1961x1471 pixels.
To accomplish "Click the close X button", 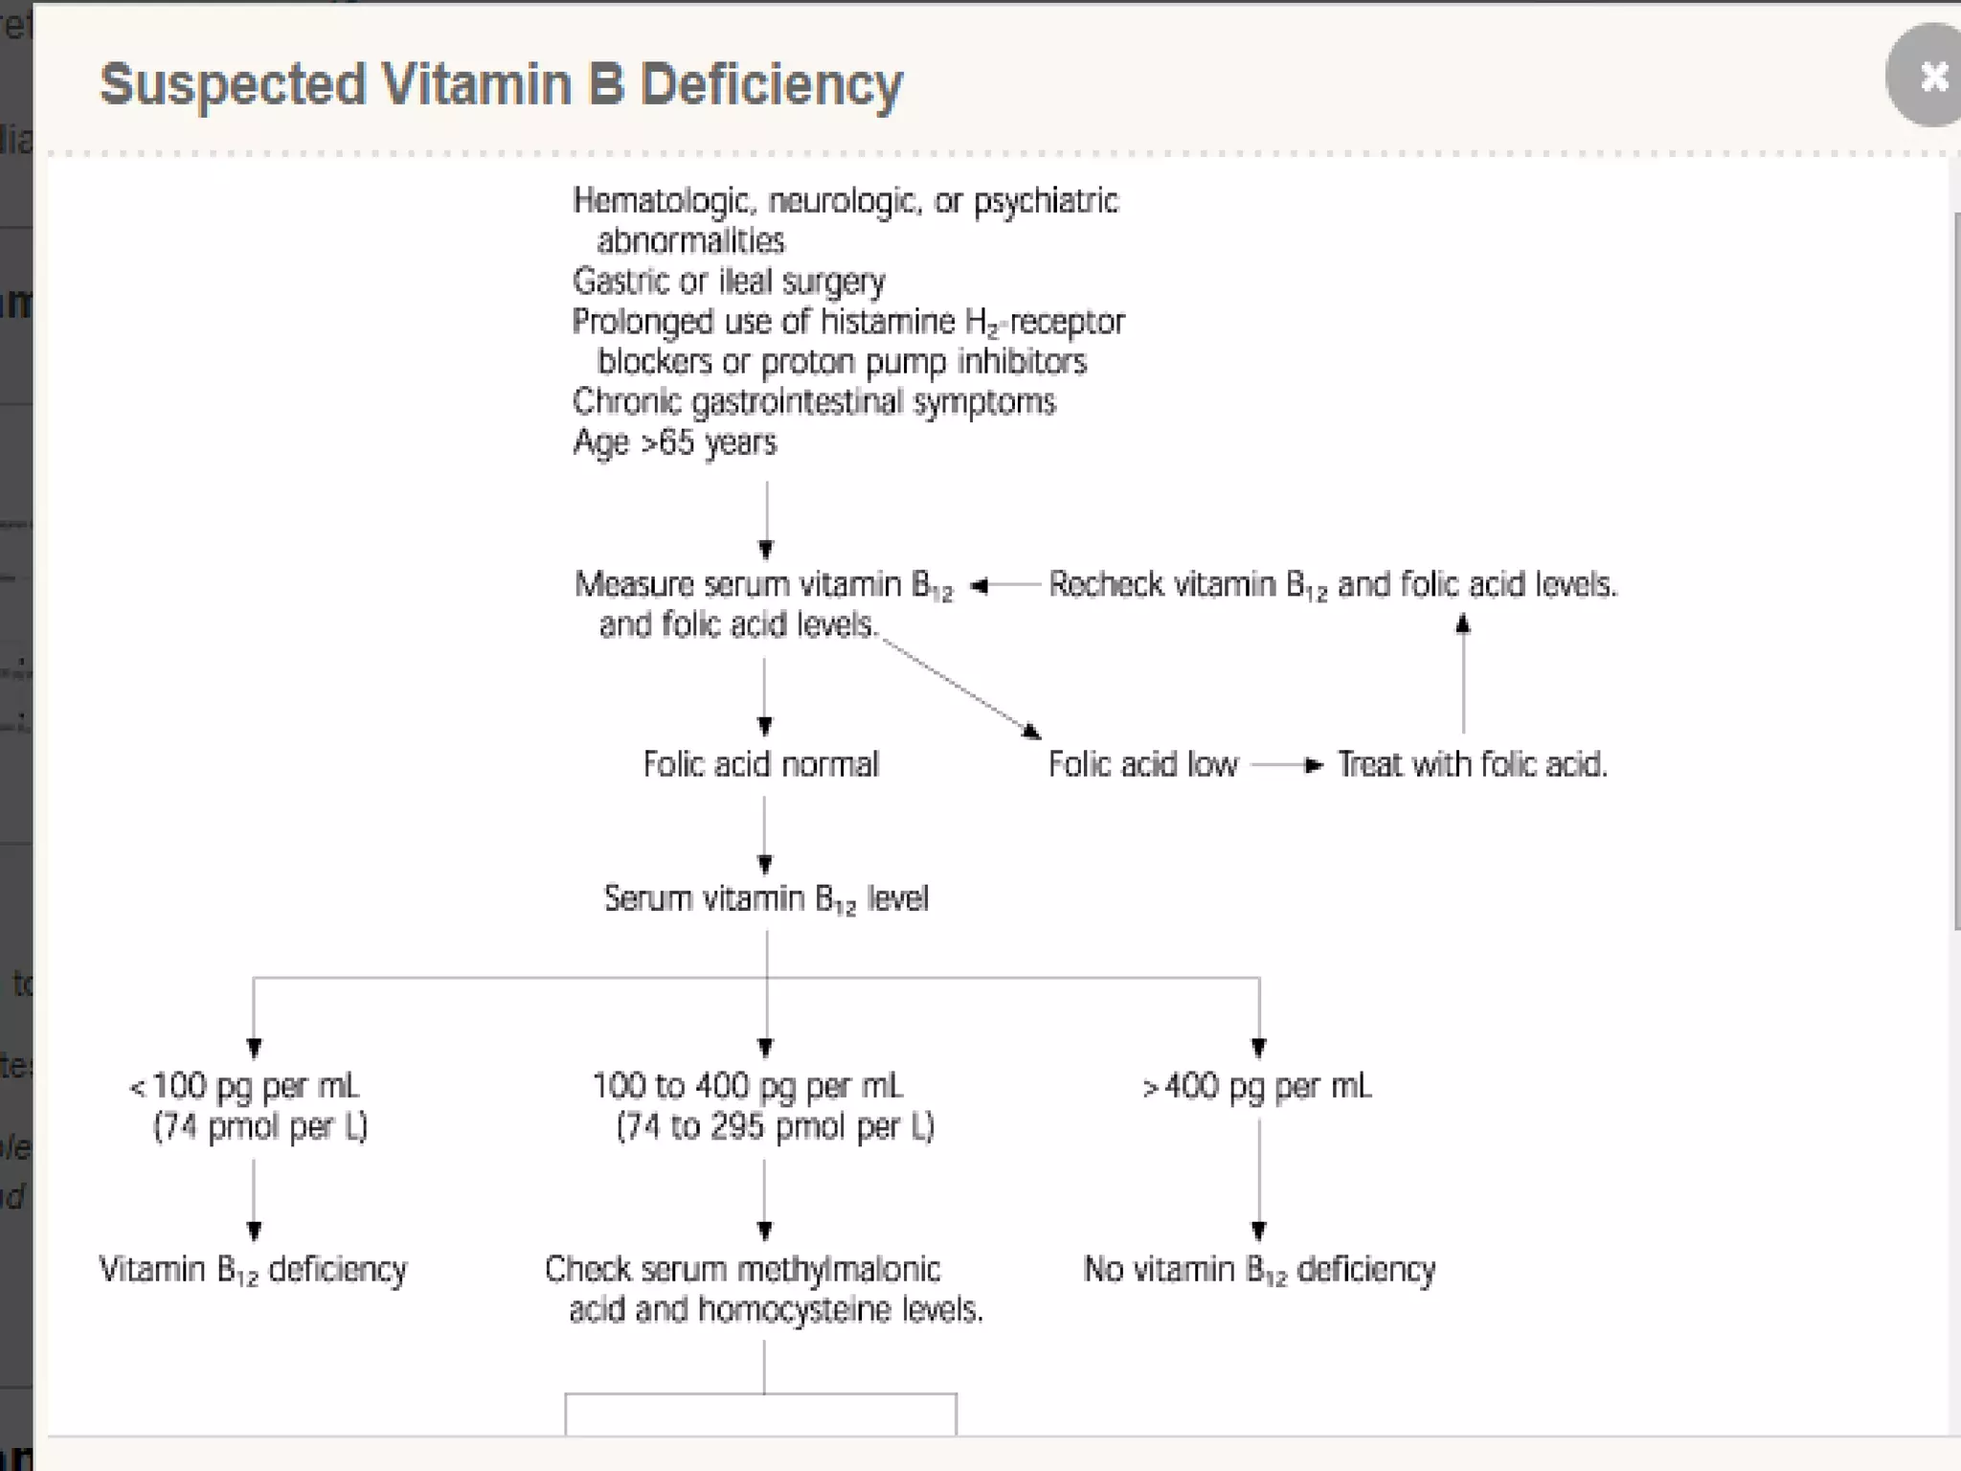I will click(1930, 77).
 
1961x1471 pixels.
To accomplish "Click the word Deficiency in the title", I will click(771, 85).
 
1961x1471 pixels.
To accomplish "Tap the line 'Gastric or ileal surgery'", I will click(729, 282).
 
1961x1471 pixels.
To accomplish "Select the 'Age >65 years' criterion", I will click(674, 442).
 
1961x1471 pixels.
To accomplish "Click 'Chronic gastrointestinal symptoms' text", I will click(813, 402).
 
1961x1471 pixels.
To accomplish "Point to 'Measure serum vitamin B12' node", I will click(763, 585).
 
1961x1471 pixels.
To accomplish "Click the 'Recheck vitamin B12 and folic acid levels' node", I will click(1332, 585).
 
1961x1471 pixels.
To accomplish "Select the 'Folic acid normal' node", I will click(760, 764).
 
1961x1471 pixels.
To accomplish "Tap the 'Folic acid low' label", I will click(1142, 764).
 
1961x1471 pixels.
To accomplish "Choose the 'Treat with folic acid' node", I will click(1472, 764).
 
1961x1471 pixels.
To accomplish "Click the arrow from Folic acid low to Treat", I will click(1288, 765).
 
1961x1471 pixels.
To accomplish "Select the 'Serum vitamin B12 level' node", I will click(766, 899).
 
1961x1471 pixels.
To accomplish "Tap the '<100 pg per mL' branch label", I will click(244, 1087).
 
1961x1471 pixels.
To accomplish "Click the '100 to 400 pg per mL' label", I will click(748, 1087).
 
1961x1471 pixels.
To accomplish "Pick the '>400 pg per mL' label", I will click(1257, 1087).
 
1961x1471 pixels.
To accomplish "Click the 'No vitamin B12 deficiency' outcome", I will click(1259, 1270).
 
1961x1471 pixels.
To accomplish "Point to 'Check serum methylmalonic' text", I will click(742, 1270).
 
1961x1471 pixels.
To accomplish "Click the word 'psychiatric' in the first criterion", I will click(1046, 202).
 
